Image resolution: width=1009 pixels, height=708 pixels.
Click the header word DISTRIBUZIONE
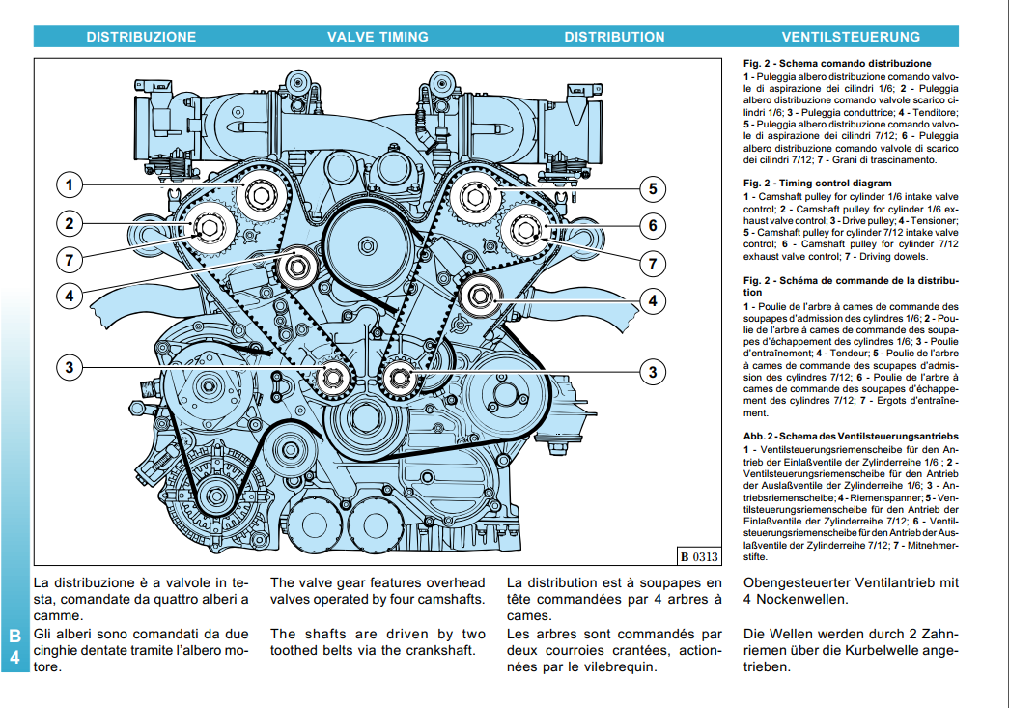(x=141, y=37)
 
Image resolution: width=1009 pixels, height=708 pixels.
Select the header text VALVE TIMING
(x=378, y=37)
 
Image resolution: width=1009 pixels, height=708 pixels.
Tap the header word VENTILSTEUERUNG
(x=851, y=37)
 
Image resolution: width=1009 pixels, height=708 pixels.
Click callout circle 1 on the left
(x=70, y=184)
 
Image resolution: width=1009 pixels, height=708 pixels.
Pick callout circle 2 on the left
(x=70, y=224)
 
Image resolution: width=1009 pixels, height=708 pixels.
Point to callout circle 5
(x=653, y=188)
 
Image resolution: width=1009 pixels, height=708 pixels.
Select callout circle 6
(x=653, y=225)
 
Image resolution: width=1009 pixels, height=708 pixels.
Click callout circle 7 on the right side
(x=653, y=263)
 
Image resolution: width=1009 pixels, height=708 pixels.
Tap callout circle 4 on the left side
(x=70, y=296)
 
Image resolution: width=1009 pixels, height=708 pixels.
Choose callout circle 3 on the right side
(x=653, y=372)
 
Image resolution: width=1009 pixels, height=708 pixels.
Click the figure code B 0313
(x=698, y=555)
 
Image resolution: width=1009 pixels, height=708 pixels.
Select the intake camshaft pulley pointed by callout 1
(x=261, y=195)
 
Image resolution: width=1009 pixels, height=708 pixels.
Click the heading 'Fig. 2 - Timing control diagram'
(x=817, y=183)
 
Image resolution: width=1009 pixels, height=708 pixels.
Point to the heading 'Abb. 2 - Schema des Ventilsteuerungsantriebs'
(x=851, y=437)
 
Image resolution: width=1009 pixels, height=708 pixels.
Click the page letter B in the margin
(x=14, y=636)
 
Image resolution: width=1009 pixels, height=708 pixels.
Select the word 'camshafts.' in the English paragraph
(x=448, y=599)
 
